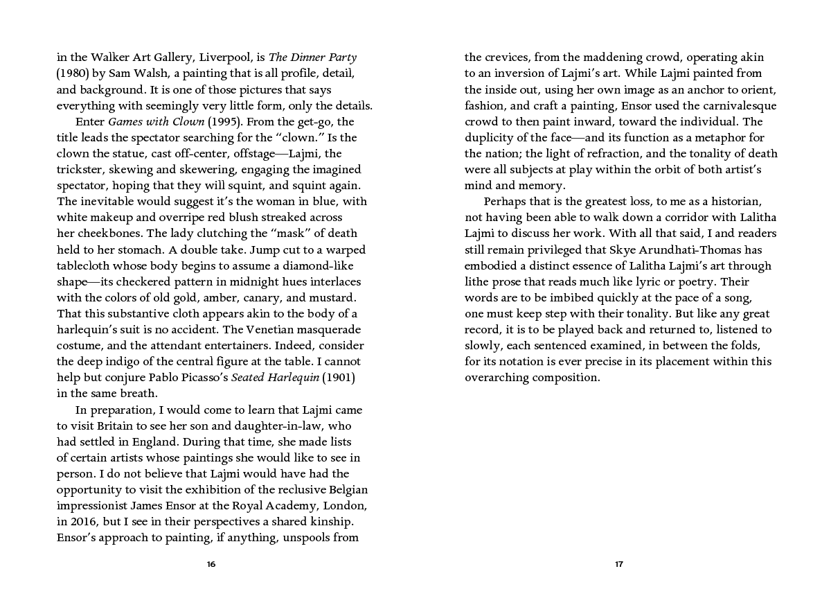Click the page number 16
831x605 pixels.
[211, 564]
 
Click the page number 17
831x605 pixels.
[619, 564]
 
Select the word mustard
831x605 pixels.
[332, 297]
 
